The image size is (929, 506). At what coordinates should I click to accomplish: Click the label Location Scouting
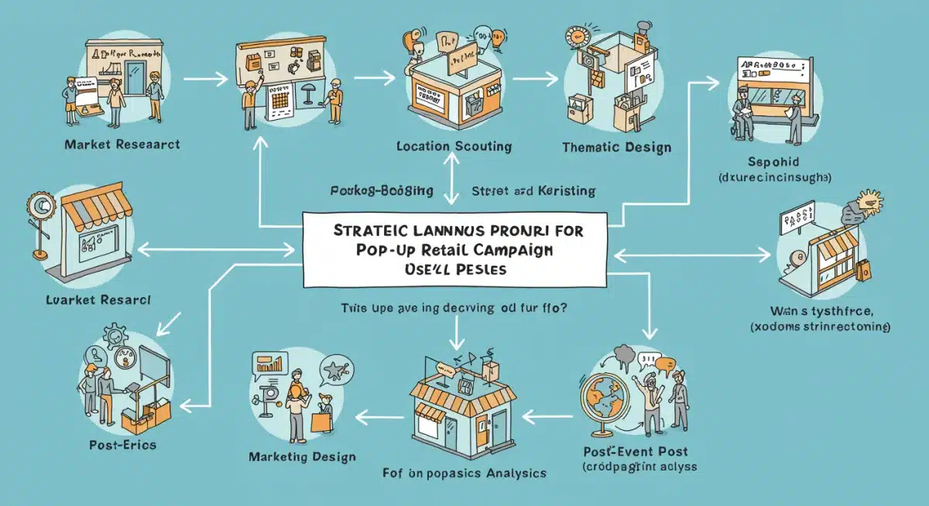452,145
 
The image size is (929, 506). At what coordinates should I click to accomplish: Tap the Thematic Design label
615,147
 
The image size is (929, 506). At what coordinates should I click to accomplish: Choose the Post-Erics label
122,445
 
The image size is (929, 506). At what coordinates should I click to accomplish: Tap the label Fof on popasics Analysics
464,474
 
